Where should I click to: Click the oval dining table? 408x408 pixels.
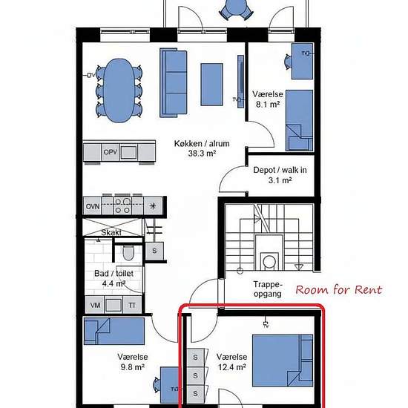[119, 91]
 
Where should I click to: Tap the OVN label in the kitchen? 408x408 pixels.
[93, 206]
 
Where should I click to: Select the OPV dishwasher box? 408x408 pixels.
[111, 152]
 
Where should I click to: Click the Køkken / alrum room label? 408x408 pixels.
[202, 143]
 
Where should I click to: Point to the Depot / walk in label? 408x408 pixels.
[280, 170]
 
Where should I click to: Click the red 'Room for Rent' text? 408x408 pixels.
[339, 289]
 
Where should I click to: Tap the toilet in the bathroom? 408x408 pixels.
[128, 253]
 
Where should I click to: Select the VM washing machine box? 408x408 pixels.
[95, 305]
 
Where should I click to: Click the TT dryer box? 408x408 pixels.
[132, 305]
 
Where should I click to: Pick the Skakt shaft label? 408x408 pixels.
[111, 232]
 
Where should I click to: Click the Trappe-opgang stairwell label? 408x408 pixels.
[268, 289]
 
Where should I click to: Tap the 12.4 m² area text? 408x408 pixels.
[232, 367]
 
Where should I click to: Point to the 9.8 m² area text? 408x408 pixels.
[133, 367]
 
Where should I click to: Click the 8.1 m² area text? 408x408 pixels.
[268, 105]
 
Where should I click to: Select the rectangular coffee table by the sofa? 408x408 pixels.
[211, 85]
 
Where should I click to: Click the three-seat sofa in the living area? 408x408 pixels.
[174, 82]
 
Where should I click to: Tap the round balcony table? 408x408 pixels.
[236, 7]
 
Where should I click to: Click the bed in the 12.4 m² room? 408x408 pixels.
[283, 361]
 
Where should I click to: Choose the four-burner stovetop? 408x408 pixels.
[122, 205]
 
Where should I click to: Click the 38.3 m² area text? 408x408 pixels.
[202, 154]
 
